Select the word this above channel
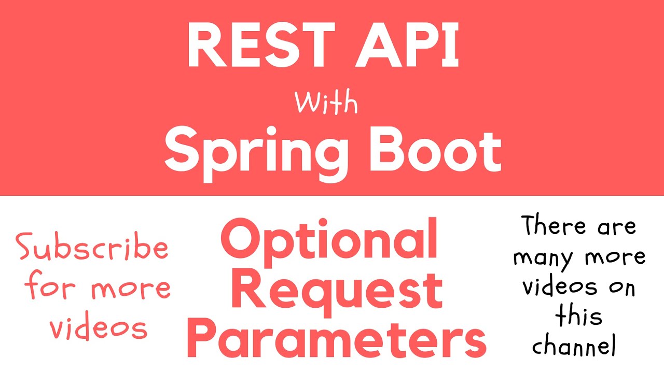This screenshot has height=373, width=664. coord(578,315)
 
